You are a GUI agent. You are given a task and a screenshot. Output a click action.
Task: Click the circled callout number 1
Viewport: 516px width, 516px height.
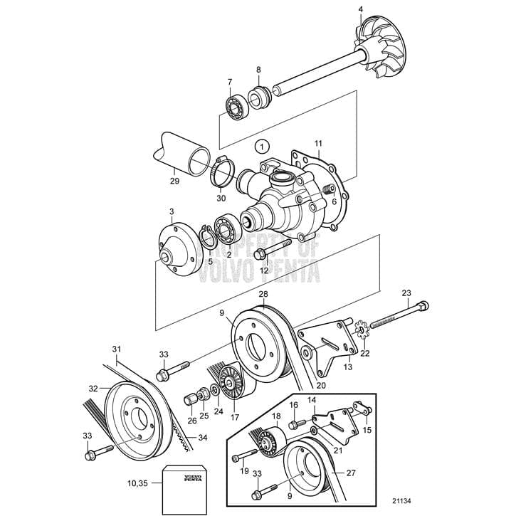264,147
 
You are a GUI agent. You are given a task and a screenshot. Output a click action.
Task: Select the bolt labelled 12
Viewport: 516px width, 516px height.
269,251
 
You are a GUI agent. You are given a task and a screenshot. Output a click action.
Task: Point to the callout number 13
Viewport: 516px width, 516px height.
348,367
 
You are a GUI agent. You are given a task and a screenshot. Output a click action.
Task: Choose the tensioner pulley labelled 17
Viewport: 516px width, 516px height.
231,384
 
